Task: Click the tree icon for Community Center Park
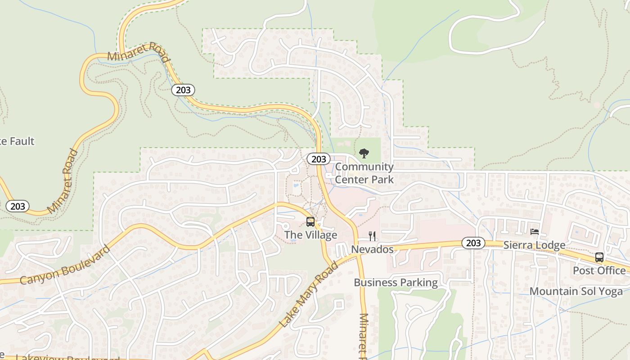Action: click(364, 153)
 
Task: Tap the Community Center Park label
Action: click(364, 173)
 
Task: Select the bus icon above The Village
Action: click(310, 221)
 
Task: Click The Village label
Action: click(310, 235)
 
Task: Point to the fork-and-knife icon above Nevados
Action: click(372, 236)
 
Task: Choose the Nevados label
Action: click(372, 249)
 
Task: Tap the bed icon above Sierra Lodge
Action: click(535, 232)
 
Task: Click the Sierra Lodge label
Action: click(534, 245)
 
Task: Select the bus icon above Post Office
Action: click(599, 257)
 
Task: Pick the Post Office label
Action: click(599, 270)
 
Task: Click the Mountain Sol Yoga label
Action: click(576, 291)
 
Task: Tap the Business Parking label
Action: click(396, 283)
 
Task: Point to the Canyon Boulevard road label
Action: click(65, 265)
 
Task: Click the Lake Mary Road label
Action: click(309, 294)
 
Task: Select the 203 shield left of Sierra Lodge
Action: click(473, 243)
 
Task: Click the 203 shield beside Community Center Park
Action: click(319, 159)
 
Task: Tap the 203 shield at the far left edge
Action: click(18, 206)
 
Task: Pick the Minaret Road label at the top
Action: click(139, 52)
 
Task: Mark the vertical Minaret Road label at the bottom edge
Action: click(364, 335)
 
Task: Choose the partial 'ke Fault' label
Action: click(17, 141)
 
